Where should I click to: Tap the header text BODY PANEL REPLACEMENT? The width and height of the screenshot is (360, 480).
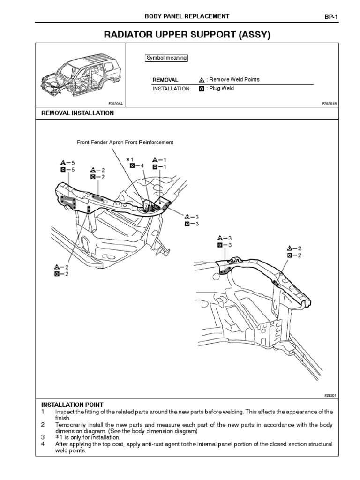pos(187,16)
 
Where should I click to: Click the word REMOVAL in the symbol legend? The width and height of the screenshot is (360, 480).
pos(165,80)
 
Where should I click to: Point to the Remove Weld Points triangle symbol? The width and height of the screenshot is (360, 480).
pos(202,80)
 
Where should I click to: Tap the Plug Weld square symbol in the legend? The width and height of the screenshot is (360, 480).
pos(202,89)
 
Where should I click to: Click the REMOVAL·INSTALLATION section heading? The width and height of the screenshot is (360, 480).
pos(78,113)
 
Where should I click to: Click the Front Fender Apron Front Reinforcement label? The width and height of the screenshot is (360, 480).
pos(125,142)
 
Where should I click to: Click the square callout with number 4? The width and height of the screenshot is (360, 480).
pos(133,165)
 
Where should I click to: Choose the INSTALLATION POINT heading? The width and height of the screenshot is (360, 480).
pos(73,405)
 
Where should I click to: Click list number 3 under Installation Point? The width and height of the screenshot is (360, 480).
pos(42,437)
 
